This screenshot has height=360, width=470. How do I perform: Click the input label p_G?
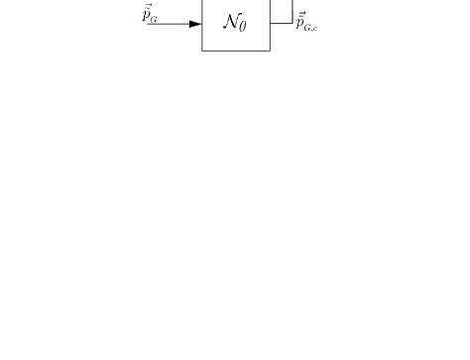[x=150, y=14]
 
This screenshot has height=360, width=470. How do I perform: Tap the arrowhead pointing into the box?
[x=195, y=23]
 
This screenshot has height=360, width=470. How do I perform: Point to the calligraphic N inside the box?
[x=232, y=20]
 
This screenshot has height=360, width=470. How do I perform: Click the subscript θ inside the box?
[x=244, y=25]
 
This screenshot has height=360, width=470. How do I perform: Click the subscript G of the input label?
[x=154, y=18]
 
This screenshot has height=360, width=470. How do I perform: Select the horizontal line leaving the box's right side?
[x=281, y=23]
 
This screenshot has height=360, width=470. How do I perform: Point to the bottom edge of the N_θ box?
[x=236, y=50]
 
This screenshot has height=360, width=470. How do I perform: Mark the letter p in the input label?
[x=146, y=15]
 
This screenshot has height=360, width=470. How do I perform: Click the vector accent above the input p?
[x=147, y=6]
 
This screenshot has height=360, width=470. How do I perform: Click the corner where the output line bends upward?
[x=293, y=23]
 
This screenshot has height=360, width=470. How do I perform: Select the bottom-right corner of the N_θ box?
[x=270, y=50]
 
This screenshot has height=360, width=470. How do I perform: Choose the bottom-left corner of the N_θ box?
[x=202, y=50]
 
